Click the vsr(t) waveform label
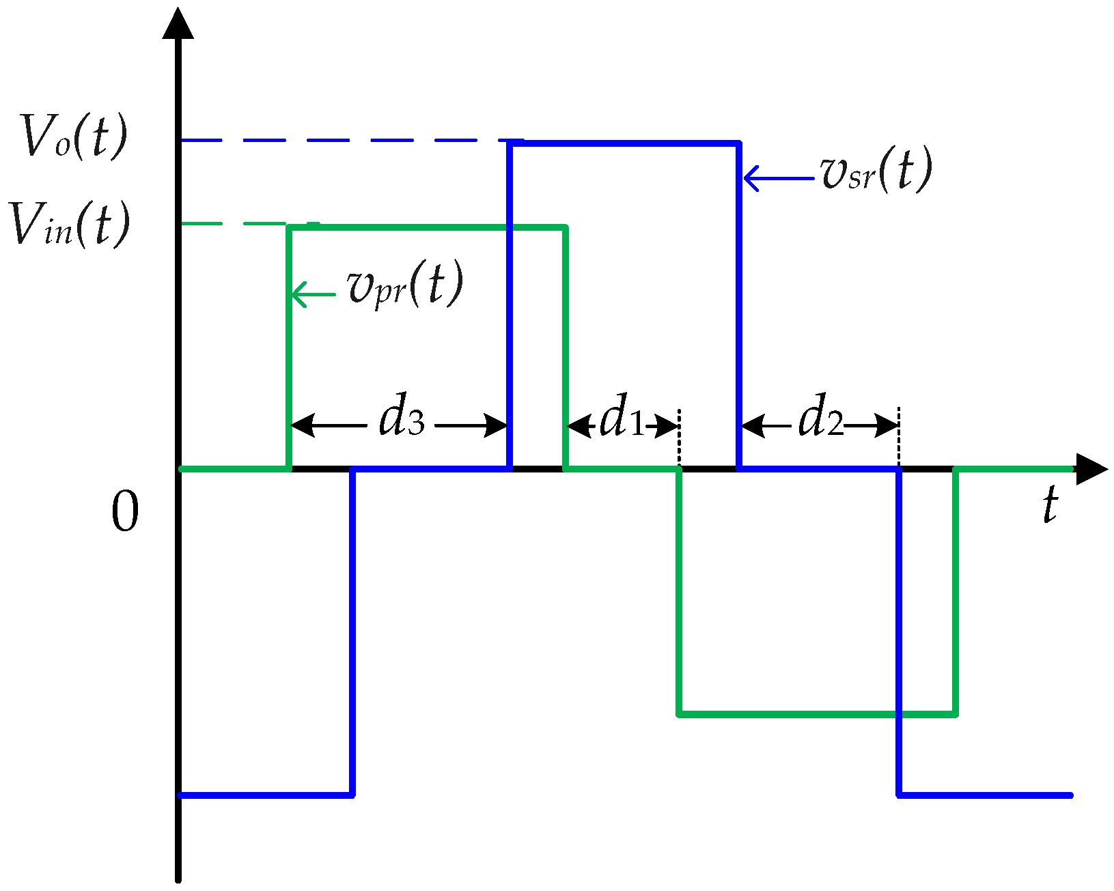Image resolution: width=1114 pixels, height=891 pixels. coord(876,171)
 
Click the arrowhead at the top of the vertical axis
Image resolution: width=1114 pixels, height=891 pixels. coord(178,24)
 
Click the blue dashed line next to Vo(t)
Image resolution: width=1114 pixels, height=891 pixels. coord(342,141)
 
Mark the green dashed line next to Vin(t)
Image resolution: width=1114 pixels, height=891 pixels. coord(232,224)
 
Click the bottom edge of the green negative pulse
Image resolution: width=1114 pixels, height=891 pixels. coord(817,714)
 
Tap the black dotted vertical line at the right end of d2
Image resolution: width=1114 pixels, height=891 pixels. coord(899,437)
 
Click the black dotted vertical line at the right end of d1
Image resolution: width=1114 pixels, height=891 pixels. coord(679,437)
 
